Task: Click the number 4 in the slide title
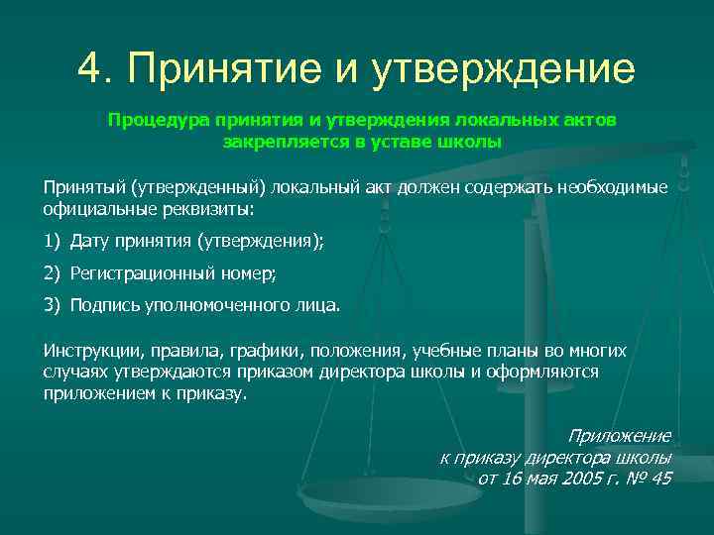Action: click(x=91, y=68)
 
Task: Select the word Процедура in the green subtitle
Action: click(x=151, y=120)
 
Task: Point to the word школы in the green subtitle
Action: click(x=474, y=142)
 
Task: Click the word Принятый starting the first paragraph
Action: click(x=78, y=188)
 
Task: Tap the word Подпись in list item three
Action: click(x=100, y=305)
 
